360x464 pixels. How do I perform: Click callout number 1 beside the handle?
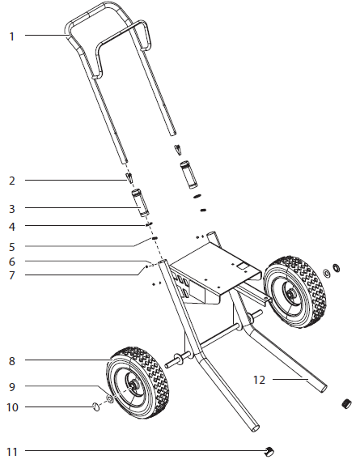[11, 36]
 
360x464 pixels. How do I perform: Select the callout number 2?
[11, 179]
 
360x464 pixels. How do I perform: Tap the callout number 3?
[11, 209]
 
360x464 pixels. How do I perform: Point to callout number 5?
[11, 245]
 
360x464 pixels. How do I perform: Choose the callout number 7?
[11, 275]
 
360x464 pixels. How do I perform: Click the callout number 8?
[11, 360]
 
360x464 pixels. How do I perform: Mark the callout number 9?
[11, 386]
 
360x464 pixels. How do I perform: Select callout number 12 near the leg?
[259, 378]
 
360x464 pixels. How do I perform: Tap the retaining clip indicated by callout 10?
[96, 406]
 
